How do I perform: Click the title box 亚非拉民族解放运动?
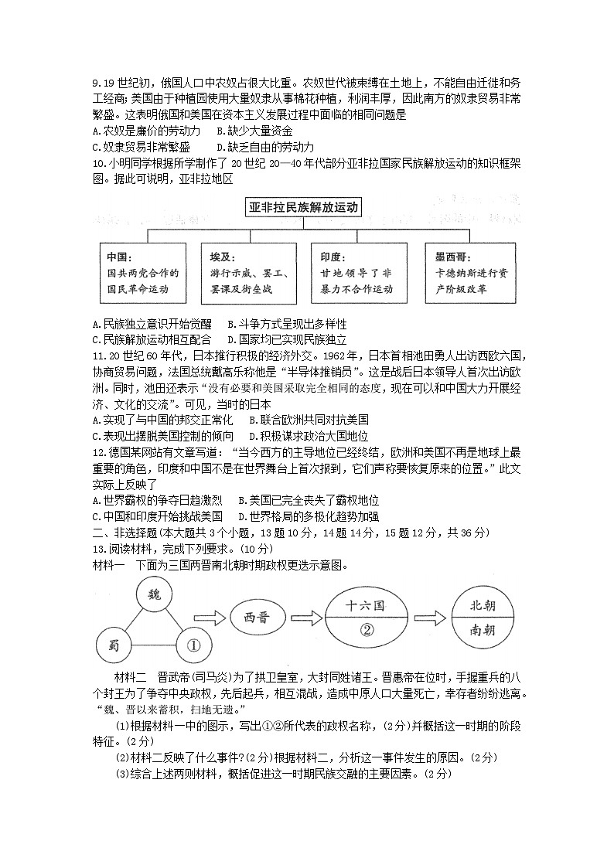(x=304, y=207)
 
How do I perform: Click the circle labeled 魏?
(x=154, y=595)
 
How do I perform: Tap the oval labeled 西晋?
(x=259, y=618)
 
